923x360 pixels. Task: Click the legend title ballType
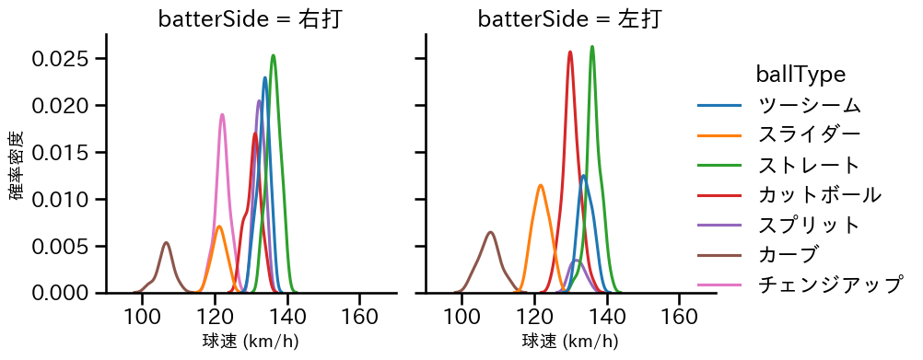(800, 74)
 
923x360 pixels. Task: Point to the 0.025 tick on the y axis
(61, 59)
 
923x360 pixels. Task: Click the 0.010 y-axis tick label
(61, 199)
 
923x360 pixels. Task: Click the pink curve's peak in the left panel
(222, 115)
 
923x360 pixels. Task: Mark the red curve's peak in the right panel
(570, 52)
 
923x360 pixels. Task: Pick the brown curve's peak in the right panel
(491, 232)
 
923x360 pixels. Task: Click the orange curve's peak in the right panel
(540, 185)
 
